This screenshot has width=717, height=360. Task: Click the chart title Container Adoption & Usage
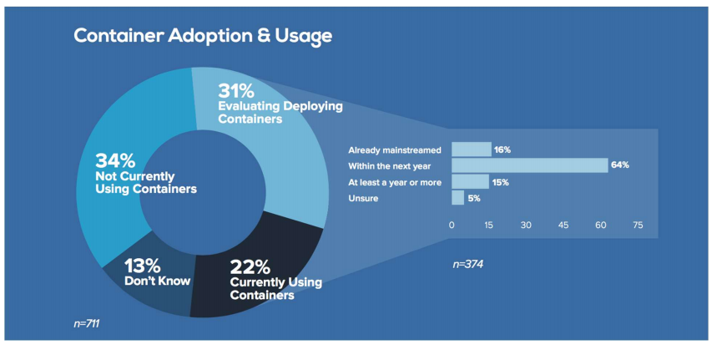click(x=203, y=35)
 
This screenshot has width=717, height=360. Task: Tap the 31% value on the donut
click(x=236, y=89)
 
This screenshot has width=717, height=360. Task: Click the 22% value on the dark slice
click(x=250, y=267)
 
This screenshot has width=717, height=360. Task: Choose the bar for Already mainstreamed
click(x=471, y=150)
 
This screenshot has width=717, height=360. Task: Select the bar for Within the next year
click(x=529, y=165)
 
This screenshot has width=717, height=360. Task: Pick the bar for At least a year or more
click(x=470, y=181)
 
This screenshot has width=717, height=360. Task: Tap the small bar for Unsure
click(x=457, y=197)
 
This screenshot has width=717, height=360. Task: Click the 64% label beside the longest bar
click(x=619, y=165)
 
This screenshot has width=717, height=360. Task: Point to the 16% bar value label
click(x=502, y=150)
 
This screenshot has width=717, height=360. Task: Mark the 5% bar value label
click(x=474, y=198)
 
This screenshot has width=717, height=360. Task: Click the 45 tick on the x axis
click(x=563, y=225)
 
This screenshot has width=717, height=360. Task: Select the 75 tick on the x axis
click(x=638, y=225)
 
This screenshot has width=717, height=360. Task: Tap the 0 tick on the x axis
click(x=452, y=225)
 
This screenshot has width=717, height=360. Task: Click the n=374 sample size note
click(x=468, y=264)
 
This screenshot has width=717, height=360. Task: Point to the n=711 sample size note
click(x=87, y=322)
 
